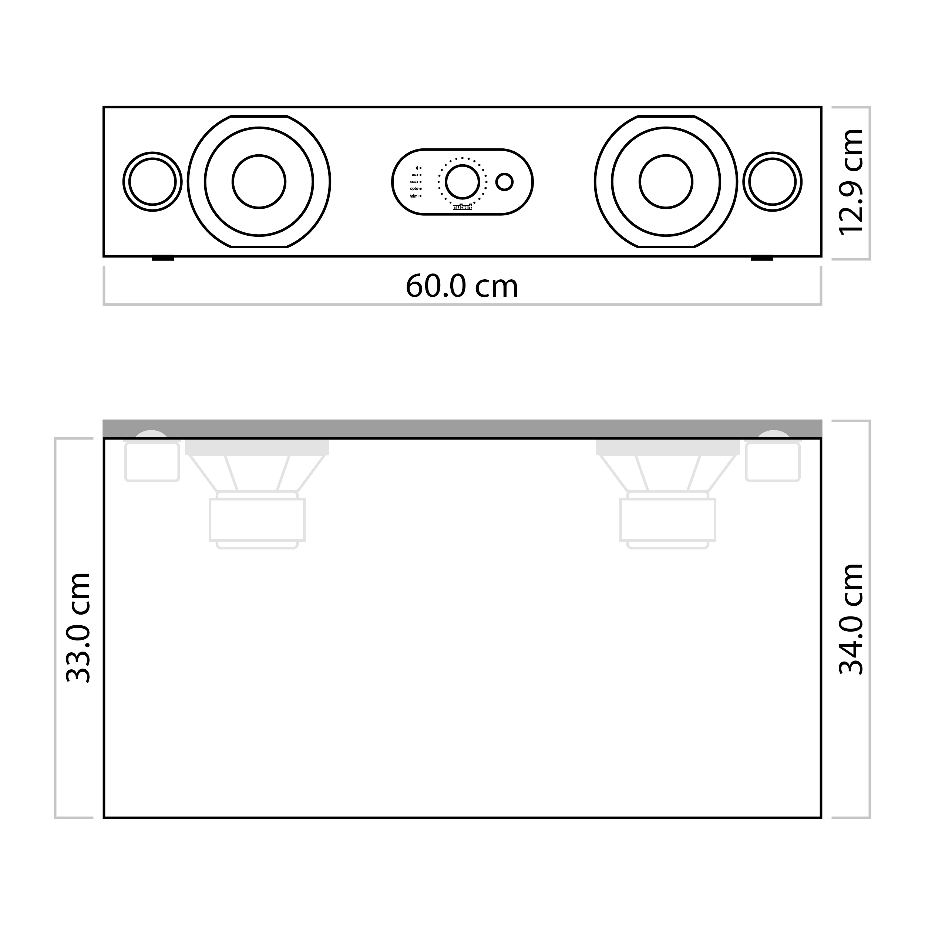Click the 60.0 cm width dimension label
[x=462, y=286]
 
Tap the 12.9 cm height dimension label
[x=852, y=182]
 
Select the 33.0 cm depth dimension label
[x=78, y=627]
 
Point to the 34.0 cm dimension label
[x=852, y=619]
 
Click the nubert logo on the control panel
[x=462, y=207]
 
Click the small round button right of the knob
[x=504, y=182]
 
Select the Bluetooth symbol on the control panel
[x=416, y=168]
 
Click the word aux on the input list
[x=415, y=175]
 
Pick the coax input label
[x=414, y=182]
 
